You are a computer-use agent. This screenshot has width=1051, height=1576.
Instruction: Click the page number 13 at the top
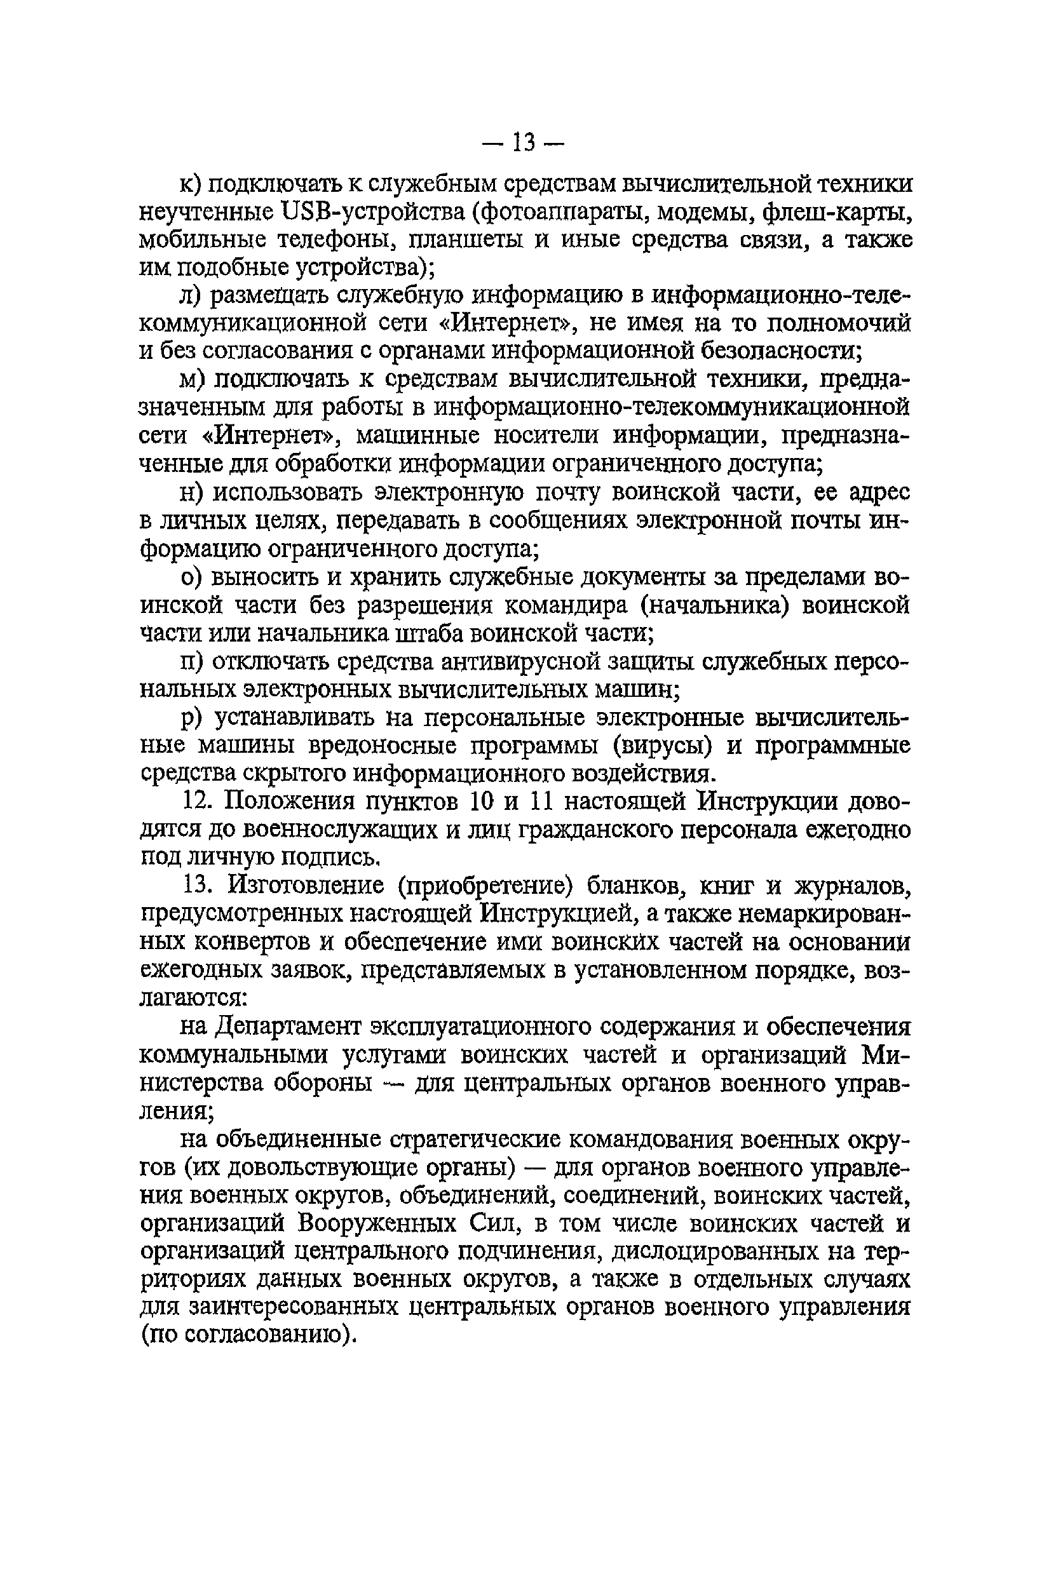[x=525, y=143]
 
